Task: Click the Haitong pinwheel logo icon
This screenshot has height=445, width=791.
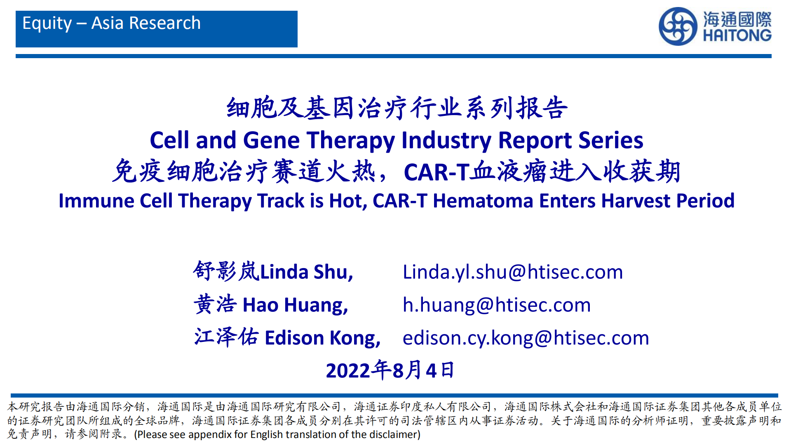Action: [x=678, y=26]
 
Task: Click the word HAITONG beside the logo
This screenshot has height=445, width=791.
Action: [x=737, y=35]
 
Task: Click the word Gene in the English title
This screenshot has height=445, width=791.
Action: [x=271, y=140]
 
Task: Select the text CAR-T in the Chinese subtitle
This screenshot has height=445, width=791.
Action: [x=437, y=172]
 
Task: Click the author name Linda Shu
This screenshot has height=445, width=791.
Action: [x=306, y=272]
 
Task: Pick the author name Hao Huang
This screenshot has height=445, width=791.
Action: [x=295, y=305]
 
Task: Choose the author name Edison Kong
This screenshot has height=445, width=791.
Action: [x=322, y=338]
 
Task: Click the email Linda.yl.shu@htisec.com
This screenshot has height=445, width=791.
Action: [x=513, y=272]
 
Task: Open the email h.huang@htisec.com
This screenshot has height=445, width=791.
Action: [x=497, y=305]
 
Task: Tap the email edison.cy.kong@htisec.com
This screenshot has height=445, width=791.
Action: [x=526, y=338]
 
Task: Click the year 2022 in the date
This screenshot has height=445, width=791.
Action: [x=348, y=370]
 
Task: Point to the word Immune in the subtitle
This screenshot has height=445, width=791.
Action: [x=96, y=201]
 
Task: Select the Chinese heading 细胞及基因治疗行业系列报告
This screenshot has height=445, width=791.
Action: [x=397, y=108]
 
